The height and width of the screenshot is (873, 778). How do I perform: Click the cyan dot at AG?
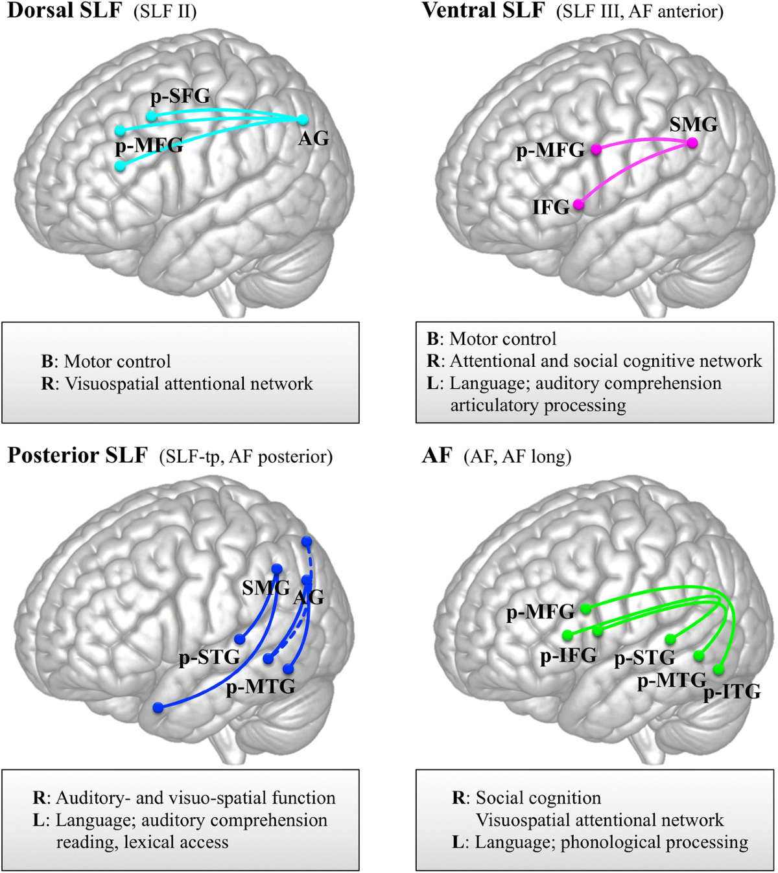pos(303,119)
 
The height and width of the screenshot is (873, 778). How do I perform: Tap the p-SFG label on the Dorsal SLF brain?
pos(180,97)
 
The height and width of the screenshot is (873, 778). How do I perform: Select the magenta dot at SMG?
pos(692,143)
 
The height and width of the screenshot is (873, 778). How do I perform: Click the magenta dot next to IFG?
pos(578,205)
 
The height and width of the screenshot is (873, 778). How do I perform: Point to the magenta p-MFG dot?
pos(596,149)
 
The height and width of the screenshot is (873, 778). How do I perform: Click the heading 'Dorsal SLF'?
pos(64,11)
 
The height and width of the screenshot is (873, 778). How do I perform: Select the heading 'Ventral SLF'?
pos(483,11)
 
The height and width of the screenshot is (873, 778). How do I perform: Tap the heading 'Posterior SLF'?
pos(77,456)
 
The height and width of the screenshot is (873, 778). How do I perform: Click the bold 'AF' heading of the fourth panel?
pos(436,456)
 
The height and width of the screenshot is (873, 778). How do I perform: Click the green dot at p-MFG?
pos(585,609)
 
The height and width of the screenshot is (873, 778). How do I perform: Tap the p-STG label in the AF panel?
pos(644,658)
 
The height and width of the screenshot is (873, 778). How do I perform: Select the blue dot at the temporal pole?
pos(158,708)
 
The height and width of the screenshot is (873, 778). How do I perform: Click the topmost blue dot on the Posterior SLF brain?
pos(307,541)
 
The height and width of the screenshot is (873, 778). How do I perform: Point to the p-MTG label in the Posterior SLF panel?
pos(260,686)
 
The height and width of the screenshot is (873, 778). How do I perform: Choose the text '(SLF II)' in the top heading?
pos(165,12)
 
